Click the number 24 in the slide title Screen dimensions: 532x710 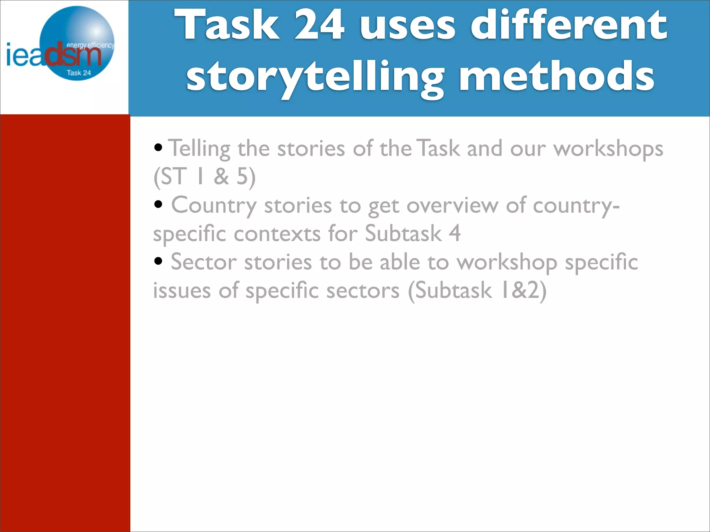[x=319, y=25]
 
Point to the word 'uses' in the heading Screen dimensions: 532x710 [x=408, y=26]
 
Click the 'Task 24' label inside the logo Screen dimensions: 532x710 [x=79, y=73]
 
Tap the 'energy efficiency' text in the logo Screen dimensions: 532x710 [x=90, y=45]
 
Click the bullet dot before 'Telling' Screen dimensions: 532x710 [x=158, y=148]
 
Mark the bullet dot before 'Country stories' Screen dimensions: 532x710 [x=158, y=204]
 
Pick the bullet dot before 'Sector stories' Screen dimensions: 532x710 [x=158, y=261]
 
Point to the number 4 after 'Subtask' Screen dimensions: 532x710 [x=454, y=233]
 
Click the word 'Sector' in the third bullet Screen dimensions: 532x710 [x=204, y=262]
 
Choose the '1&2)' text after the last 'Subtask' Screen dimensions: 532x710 [x=523, y=290]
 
